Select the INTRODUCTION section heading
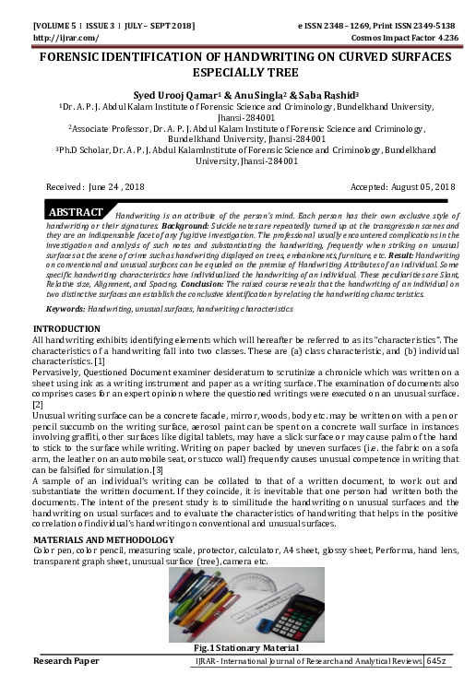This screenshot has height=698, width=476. coord(66,329)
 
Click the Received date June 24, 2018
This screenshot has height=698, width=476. coord(101,186)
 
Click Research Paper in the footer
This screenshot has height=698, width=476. coord(66,662)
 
